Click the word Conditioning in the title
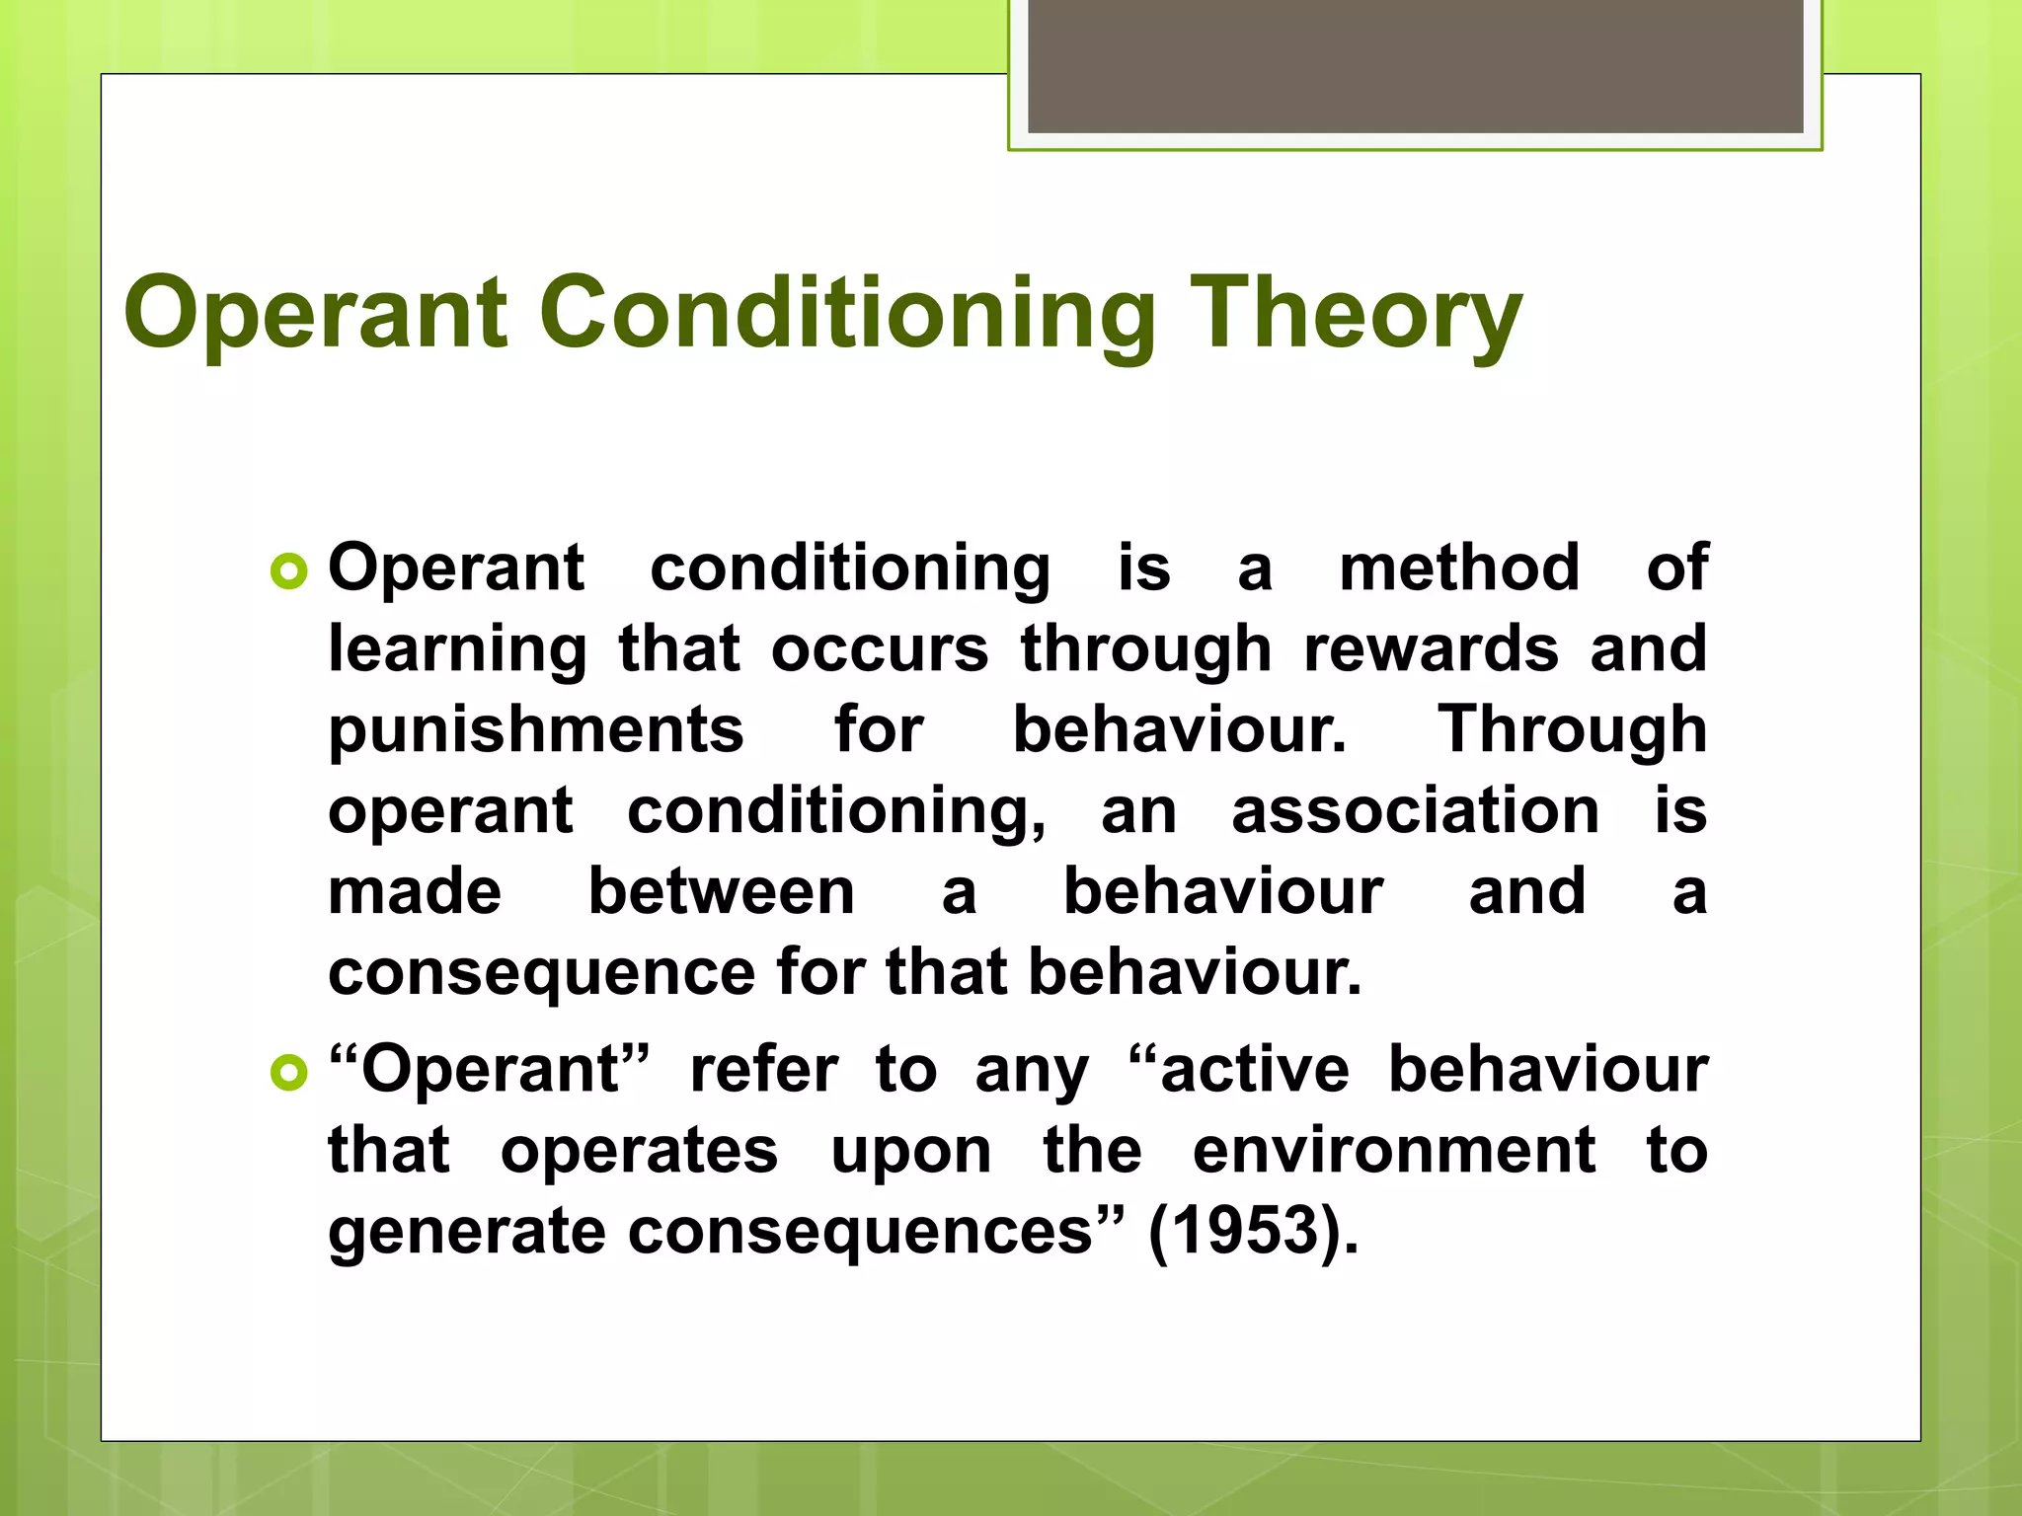pyautogui.click(x=847, y=314)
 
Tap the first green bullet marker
pyautogui.click(x=288, y=571)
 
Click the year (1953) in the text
pyautogui.click(x=1252, y=1232)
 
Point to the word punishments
pyautogui.click(x=535, y=730)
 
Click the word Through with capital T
pyautogui.click(x=1572, y=729)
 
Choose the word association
pyautogui.click(x=1415, y=811)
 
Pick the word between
pyautogui.click(x=721, y=891)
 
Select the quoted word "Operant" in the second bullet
pyautogui.click(x=490, y=1070)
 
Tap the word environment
pyautogui.click(x=1393, y=1151)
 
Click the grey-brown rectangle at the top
pyautogui.click(x=1415, y=65)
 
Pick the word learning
pyautogui.click(x=457, y=650)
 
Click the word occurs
pyautogui.click(x=879, y=649)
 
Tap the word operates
pyautogui.click(x=639, y=1152)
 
